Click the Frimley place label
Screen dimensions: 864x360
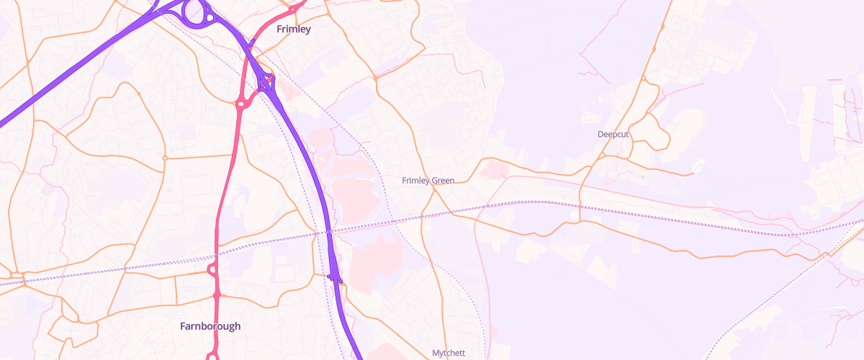(294, 30)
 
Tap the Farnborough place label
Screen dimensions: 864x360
(210, 326)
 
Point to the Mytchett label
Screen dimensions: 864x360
(449, 353)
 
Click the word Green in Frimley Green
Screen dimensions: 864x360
(443, 181)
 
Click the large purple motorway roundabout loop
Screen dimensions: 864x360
(195, 12)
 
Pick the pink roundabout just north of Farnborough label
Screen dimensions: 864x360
(212, 271)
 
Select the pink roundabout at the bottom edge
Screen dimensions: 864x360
(212, 356)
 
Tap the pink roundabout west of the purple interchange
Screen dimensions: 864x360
(241, 104)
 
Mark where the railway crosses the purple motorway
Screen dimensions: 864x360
(328, 232)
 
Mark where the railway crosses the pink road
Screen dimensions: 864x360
(216, 253)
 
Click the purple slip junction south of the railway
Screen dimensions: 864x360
(333, 276)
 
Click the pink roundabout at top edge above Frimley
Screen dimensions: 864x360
(293, 7)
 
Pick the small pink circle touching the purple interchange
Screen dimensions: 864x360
(271, 78)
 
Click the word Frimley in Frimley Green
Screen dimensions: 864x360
(415, 181)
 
